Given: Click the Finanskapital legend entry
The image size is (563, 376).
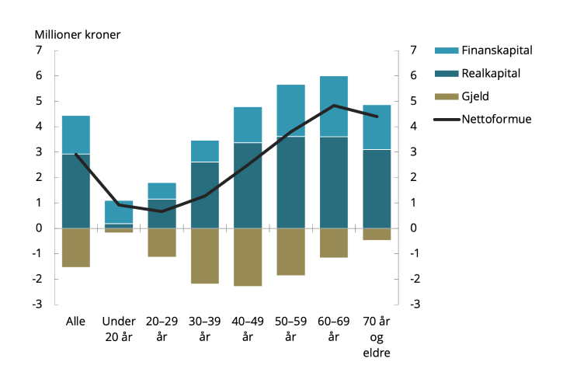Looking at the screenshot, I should pyautogui.click(x=495, y=50).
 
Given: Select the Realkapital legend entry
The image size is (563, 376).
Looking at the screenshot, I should pyautogui.click(x=490, y=74).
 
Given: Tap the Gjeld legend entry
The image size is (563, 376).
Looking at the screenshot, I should pyautogui.click(x=475, y=97).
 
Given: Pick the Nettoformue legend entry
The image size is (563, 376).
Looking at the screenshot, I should pyautogui.click(x=495, y=120).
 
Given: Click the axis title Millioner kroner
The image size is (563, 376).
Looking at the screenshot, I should pyautogui.click(x=78, y=33).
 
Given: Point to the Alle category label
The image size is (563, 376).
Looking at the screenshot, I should pyautogui.click(x=76, y=322).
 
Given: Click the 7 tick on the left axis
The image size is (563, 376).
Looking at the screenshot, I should pyautogui.click(x=38, y=50).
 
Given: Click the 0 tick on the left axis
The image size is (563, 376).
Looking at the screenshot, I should pyautogui.click(x=38, y=228).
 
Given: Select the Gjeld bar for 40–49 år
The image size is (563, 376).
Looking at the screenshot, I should pyautogui.click(x=248, y=257).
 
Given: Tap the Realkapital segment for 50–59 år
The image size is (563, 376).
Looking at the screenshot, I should pyautogui.click(x=291, y=183).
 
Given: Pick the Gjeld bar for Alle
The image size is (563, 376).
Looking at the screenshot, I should pyautogui.click(x=76, y=248).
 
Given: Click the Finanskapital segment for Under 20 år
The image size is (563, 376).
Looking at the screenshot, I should pyautogui.click(x=119, y=212).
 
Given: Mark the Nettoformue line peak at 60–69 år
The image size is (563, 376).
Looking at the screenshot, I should pyautogui.click(x=334, y=106).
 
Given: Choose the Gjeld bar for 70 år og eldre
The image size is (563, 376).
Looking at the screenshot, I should pyautogui.click(x=377, y=234).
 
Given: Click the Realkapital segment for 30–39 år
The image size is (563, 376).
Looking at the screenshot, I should pyautogui.click(x=205, y=195).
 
